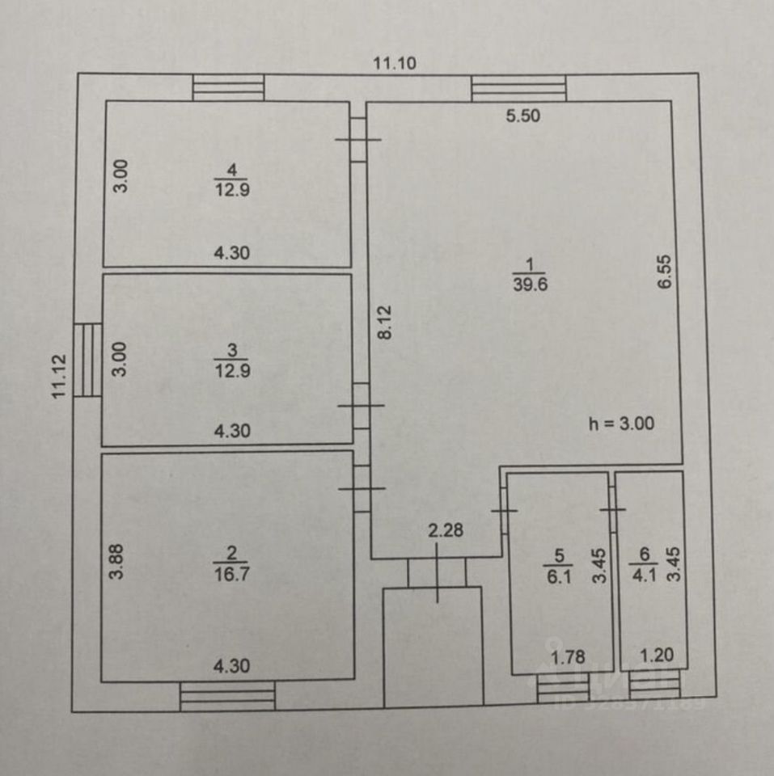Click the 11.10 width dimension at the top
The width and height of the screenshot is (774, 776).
point(395,63)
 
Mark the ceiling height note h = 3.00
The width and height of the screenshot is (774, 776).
point(621,421)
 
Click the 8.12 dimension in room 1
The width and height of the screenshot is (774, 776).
point(385,321)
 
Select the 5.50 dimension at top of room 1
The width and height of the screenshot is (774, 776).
point(522,116)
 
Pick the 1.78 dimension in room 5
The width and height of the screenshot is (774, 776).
point(568,656)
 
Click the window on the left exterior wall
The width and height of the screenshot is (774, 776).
point(87,360)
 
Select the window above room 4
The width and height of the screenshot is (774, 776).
point(229,87)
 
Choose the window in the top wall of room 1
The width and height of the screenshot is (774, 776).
point(518,87)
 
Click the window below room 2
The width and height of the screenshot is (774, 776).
point(227,695)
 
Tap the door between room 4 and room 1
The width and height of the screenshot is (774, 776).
point(358,139)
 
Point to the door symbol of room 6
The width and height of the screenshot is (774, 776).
point(613,509)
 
